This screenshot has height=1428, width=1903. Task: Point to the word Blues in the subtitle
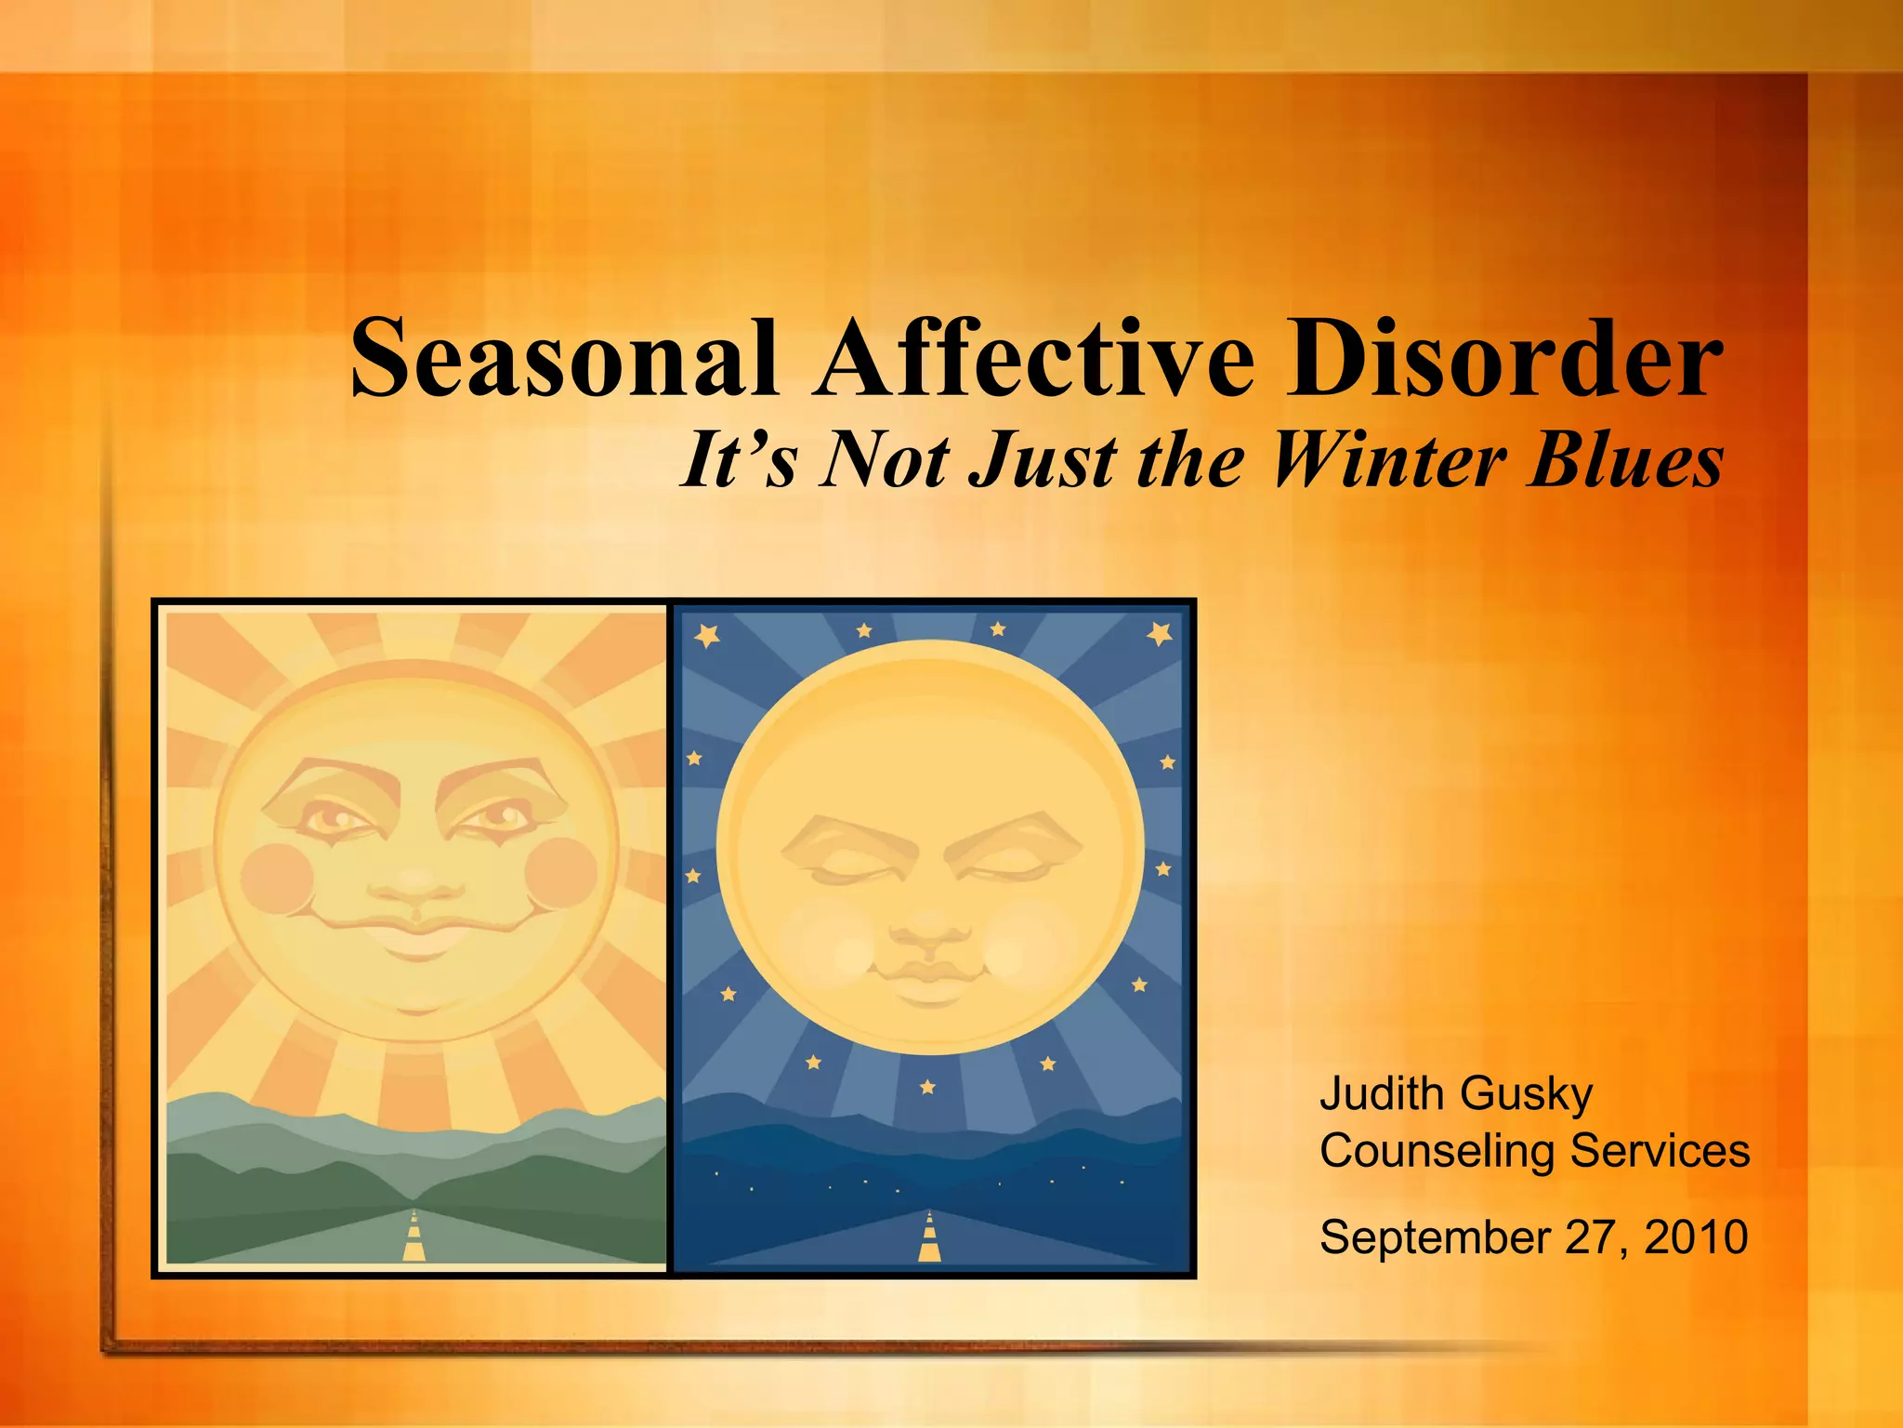[x=1626, y=460]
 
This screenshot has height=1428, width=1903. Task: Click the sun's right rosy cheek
[x=561, y=874]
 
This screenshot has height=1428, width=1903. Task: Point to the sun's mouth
[x=418, y=934]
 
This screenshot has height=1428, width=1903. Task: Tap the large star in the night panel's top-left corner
[x=707, y=635]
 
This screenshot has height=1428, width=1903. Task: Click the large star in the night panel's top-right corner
[x=1159, y=633]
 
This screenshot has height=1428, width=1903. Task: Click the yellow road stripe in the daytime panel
[x=414, y=1237]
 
